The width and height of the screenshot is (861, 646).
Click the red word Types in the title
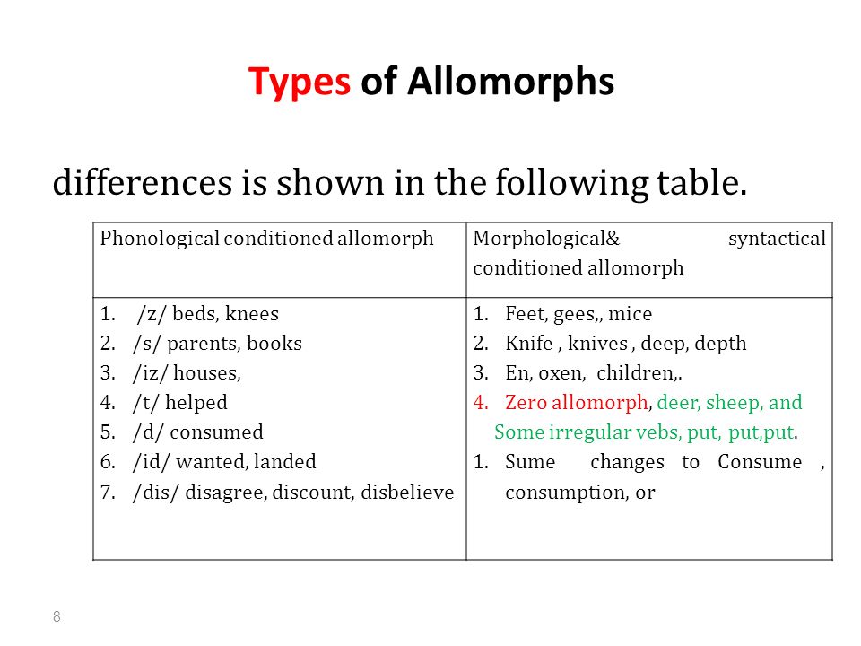point(300,83)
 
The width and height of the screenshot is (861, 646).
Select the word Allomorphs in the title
point(510,82)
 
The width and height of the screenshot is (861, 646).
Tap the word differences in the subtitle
point(143,182)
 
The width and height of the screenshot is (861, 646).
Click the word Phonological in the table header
point(160,239)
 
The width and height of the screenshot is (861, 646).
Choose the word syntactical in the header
point(777,239)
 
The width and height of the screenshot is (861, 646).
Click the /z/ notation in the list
point(150,314)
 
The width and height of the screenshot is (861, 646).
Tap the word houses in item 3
point(206,373)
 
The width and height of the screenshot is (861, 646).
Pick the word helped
point(196,403)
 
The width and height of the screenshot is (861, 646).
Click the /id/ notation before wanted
point(151,462)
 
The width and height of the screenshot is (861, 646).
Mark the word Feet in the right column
point(527,314)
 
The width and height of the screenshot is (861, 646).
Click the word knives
point(598,344)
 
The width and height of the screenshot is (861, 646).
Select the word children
point(637,373)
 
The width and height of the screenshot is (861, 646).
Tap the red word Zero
point(526,403)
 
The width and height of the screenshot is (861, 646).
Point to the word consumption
point(564,493)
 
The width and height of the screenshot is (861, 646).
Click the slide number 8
point(57,617)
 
